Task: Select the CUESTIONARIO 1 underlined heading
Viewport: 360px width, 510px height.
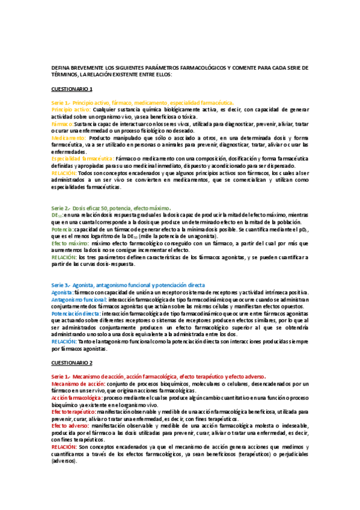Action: coord(72,88)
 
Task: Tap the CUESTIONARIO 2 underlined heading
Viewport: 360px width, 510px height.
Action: coord(72,363)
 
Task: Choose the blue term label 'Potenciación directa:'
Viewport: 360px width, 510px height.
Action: coord(76,313)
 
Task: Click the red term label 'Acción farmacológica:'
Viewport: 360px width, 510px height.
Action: coord(76,398)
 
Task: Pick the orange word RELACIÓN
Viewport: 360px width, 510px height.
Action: coord(64,173)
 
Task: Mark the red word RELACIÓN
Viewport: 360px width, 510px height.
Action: coord(64,447)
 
